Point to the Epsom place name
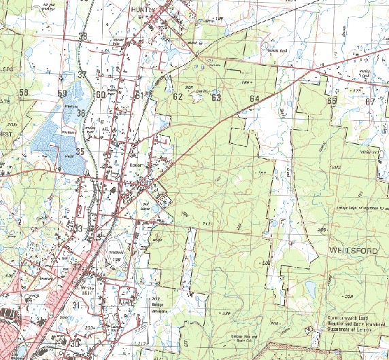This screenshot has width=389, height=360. (x=134, y=164)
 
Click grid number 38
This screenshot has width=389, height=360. (x=83, y=37)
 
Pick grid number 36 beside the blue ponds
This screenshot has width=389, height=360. (x=81, y=113)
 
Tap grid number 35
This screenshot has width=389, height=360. (x=80, y=151)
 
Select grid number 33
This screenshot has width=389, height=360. (x=79, y=228)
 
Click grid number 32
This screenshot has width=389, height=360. (x=77, y=267)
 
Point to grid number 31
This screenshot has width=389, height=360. (x=75, y=306)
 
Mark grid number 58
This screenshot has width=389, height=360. (x=24, y=93)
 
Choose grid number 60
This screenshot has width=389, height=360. (x=101, y=95)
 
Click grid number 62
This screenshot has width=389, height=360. (x=178, y=97)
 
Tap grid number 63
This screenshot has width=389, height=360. (x=216, y=98)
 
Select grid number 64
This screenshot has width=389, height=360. (x=255, y=99)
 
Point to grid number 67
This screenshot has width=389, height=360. (x=370, y=102)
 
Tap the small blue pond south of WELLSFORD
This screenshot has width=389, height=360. (x=311, y=291)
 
